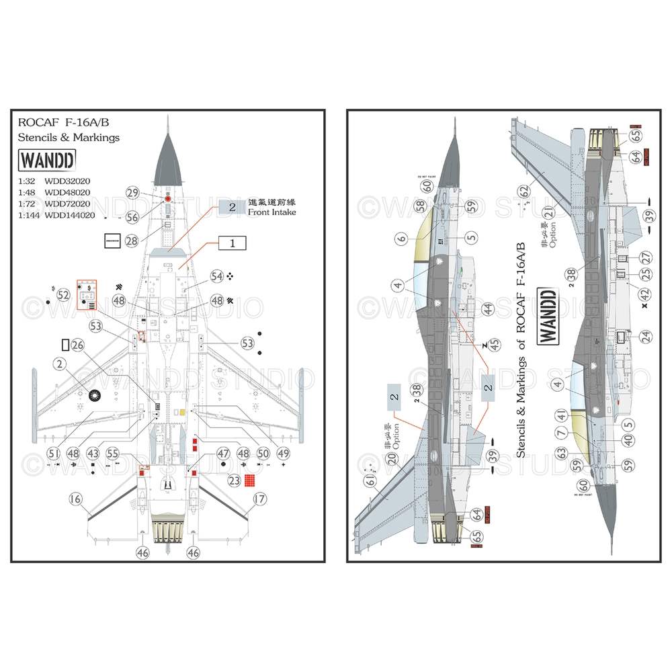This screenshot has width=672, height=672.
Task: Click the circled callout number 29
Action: (132, 193)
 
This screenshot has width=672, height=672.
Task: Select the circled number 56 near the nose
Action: (132, 216)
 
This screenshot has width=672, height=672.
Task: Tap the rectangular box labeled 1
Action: (232, 244)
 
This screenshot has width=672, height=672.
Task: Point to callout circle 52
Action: (64, 294)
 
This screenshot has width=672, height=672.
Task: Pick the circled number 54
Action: (216, 276)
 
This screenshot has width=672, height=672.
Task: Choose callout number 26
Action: (77, 345)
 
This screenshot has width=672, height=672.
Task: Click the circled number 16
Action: (75, 499)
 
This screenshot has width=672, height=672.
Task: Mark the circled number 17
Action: (259, 499)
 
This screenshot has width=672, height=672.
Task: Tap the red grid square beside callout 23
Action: (250, 481)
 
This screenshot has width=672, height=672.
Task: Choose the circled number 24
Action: (646, 337)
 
